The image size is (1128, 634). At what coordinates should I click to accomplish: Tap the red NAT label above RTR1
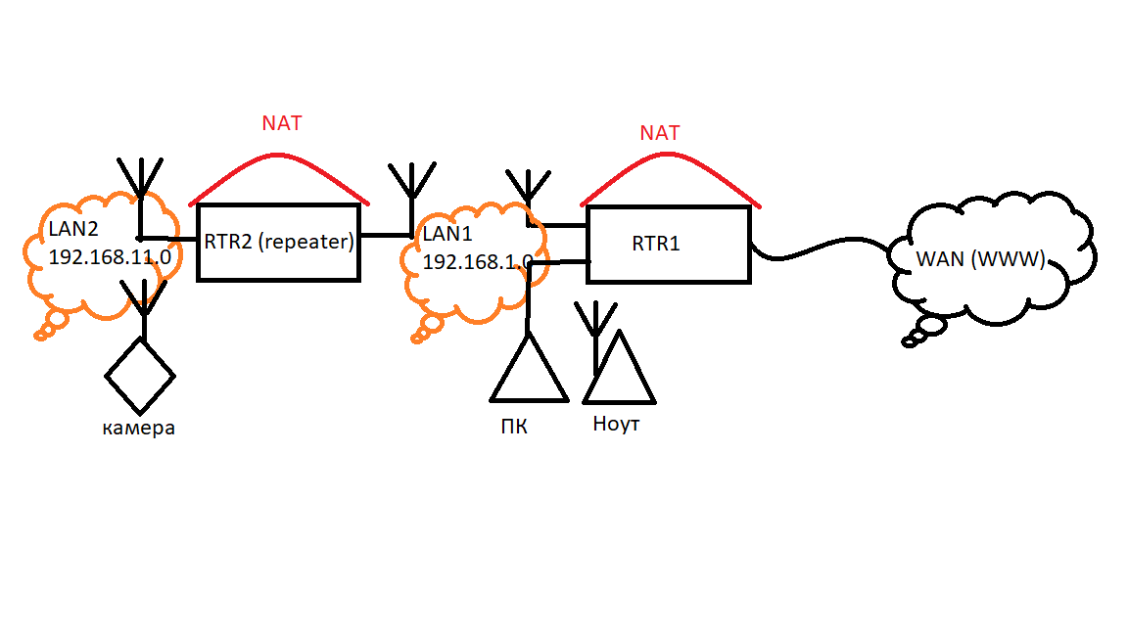pyautogui.click(x=659, y=133)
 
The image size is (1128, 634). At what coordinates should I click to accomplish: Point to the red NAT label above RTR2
pyautogui.click(x=282, y=123)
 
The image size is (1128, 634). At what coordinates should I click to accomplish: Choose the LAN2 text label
pyautogui.click(x=73, y=231)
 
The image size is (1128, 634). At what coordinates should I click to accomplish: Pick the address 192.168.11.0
pyautogui.click(x=110, y=257)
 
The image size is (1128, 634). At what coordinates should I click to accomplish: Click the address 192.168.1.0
pyautogui.click(x=477, y=262)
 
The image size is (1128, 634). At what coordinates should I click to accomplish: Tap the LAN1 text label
pyautogui.click(x=447, y=236)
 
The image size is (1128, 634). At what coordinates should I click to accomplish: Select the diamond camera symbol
pyautogui.click(x=141, y=375)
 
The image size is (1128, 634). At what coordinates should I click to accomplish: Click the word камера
pyautogui.click(x=139, y=428)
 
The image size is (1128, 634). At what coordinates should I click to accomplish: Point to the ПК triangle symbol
pyautogui.click(x=529, y=372)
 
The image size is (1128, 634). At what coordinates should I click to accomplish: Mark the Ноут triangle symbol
pyautogui.click(x=620, y=372)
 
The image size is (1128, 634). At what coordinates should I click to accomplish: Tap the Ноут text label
pyautogui.click(x=617, y=425)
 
